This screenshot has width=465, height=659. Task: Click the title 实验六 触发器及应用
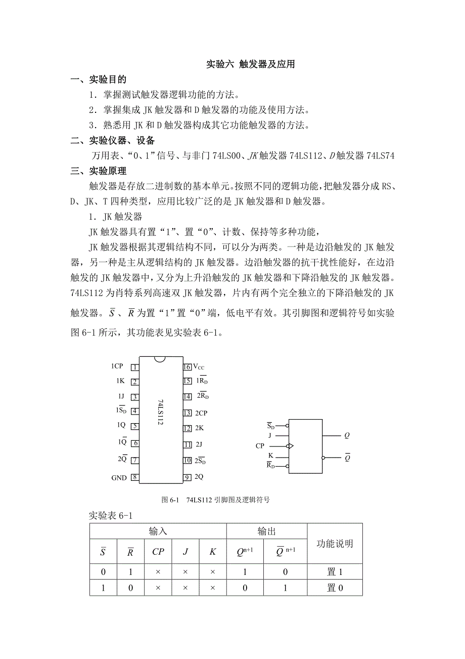[251, 64]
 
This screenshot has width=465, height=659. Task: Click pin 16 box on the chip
[187, 367]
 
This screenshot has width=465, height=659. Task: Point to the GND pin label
[119, 478]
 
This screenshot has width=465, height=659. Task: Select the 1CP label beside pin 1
[117, 366]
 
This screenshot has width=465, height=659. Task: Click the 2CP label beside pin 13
[201, 413]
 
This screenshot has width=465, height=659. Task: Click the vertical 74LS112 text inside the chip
[160, 412]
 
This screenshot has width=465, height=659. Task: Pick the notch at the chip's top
[160, 359]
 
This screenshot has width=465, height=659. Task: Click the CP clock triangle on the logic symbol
[290, 446]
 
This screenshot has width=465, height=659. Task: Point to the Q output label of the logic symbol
[347, 435]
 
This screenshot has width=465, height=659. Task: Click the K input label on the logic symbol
[270, 456]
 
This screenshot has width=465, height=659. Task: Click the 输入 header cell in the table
[158, 531]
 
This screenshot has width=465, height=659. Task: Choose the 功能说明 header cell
[335, 544]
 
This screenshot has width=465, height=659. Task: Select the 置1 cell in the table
[335, 572]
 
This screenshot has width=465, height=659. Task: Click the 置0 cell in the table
[335, 588]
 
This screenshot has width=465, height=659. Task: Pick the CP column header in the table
[158, 552]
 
